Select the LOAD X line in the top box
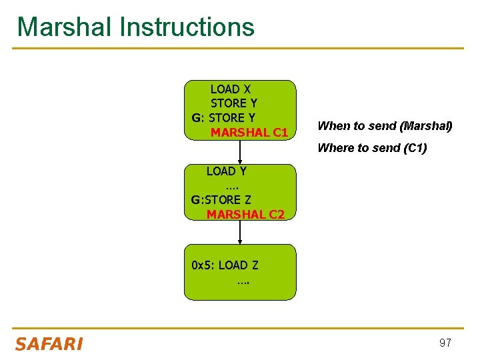231,89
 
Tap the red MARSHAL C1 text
249,133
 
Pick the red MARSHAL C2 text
245,215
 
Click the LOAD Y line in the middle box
226,171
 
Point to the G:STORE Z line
221,200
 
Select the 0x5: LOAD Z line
225,265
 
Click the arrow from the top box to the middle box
240,152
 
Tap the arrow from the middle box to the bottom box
240,232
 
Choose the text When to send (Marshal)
385,126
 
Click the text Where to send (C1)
372,148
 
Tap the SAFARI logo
49,344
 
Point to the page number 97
445,343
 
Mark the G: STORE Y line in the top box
223,118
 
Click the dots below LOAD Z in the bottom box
242,281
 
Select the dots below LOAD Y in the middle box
233,185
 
